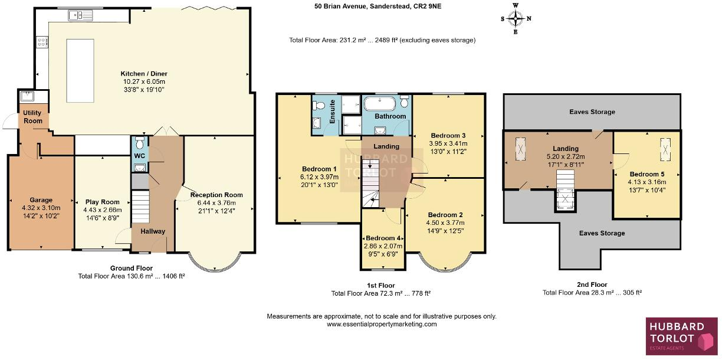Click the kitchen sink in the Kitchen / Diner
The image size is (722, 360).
80,15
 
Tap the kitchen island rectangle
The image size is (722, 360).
80,71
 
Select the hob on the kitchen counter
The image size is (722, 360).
42,42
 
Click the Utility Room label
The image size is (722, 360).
32,117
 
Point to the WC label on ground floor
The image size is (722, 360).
140,156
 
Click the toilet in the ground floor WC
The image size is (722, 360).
140,142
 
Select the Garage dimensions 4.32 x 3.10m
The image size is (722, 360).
41,208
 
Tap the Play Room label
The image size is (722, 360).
103,202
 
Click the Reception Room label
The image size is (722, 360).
216,195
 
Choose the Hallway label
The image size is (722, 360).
153,231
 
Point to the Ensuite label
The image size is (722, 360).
332,112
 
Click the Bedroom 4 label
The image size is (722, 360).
383,238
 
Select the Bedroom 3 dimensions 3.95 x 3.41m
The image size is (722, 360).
448,143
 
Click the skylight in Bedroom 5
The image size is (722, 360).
665,149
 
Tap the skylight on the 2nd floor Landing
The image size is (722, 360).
520,149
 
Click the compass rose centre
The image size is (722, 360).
516,18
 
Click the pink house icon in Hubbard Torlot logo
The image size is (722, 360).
707,342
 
